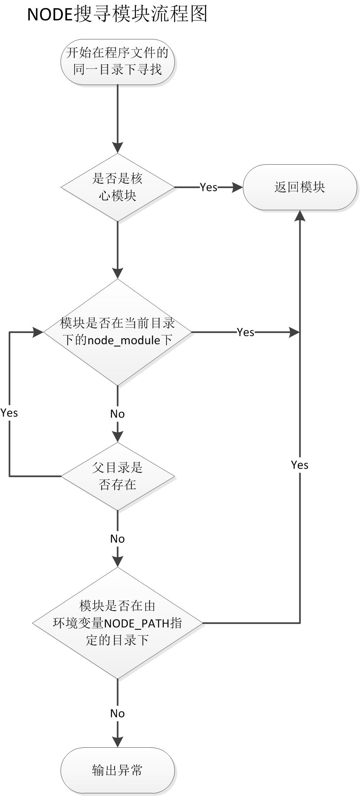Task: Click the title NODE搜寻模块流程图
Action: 117,14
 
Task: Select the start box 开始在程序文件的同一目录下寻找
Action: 117,61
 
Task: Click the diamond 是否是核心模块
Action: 117,187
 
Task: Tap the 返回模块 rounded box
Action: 300,187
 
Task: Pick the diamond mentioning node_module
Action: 117,332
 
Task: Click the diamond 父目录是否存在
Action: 117,476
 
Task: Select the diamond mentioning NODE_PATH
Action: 117,623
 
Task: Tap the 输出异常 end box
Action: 117,770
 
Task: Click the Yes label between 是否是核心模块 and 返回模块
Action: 209,187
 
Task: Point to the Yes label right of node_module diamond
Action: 246,332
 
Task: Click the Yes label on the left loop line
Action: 9,413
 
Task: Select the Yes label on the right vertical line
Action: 300,465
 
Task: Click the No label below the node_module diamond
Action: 117,414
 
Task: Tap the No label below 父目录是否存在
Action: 117,539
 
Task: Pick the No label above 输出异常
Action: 117,713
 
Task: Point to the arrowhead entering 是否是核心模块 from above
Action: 117,148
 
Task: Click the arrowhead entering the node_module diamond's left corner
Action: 38,332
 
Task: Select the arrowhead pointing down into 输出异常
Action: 117,741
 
